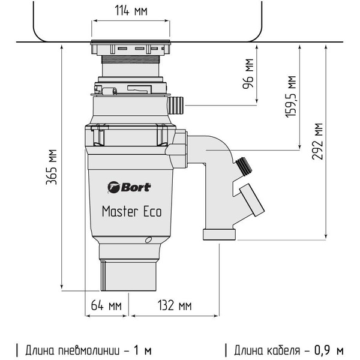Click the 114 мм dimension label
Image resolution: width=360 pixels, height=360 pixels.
(131, 11)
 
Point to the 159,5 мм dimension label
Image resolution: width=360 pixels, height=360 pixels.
(291, 96)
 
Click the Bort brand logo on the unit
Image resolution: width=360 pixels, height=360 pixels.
(129, 187)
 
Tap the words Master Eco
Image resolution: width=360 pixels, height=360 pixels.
(131, 211)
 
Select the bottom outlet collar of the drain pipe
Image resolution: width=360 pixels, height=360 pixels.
(220, 233)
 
